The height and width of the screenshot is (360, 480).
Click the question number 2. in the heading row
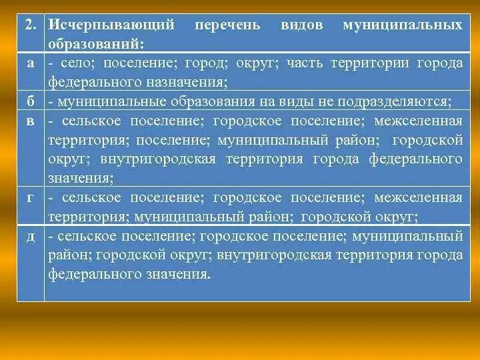click(x=30, y=25)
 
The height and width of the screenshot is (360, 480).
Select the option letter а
click(x=31, y=63)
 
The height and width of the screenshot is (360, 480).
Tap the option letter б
click(x=31, y=101)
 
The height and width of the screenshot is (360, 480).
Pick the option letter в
click(x=31, y=121)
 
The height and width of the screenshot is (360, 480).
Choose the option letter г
click(x=31, y=197)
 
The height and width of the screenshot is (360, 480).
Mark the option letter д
click(x=31, y=236)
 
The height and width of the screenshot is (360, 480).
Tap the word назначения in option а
click(x=191, y=82)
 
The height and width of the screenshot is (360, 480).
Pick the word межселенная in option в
click(x=418, y=121)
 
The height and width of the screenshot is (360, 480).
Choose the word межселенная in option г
click(x=418, y=197)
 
